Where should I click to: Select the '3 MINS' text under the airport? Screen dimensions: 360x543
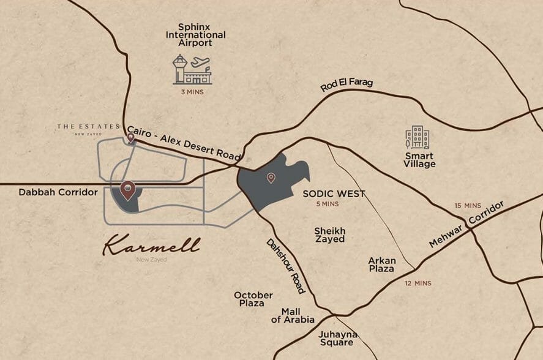(x=192, y=92)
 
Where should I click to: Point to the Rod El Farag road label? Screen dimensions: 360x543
(x=346, y=86)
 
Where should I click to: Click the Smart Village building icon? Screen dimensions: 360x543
(x=418, y=138)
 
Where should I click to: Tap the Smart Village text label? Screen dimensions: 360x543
(x=420, y=160)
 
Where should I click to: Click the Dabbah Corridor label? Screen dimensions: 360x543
(x=58, y=192)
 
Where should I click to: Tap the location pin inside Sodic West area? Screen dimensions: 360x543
(x=271, y=178)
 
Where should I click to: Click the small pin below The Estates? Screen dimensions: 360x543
(x=130, y=138)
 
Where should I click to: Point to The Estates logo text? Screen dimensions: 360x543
(x=88, y=127)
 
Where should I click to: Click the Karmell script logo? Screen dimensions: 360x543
(x=151, y=246)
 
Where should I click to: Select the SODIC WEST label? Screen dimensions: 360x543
(x=334, y=194)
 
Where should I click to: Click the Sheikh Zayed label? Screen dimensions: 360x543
(x=329, y=235)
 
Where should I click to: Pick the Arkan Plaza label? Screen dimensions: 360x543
(x=382, y=264)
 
